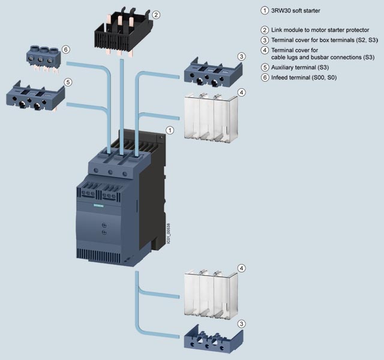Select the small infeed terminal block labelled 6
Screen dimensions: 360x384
tap(45, 58)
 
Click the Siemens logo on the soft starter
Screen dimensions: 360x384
tap(97, 205)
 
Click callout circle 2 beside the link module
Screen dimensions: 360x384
tap(155, 14)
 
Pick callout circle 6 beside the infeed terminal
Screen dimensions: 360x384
tap(66, 50)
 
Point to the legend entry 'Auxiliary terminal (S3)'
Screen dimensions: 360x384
tap(299, 67)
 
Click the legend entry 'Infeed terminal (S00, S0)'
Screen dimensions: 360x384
tap(303, 77)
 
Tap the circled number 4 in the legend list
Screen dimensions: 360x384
tap(264, 50)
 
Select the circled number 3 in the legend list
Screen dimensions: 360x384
tap(264, 40)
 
